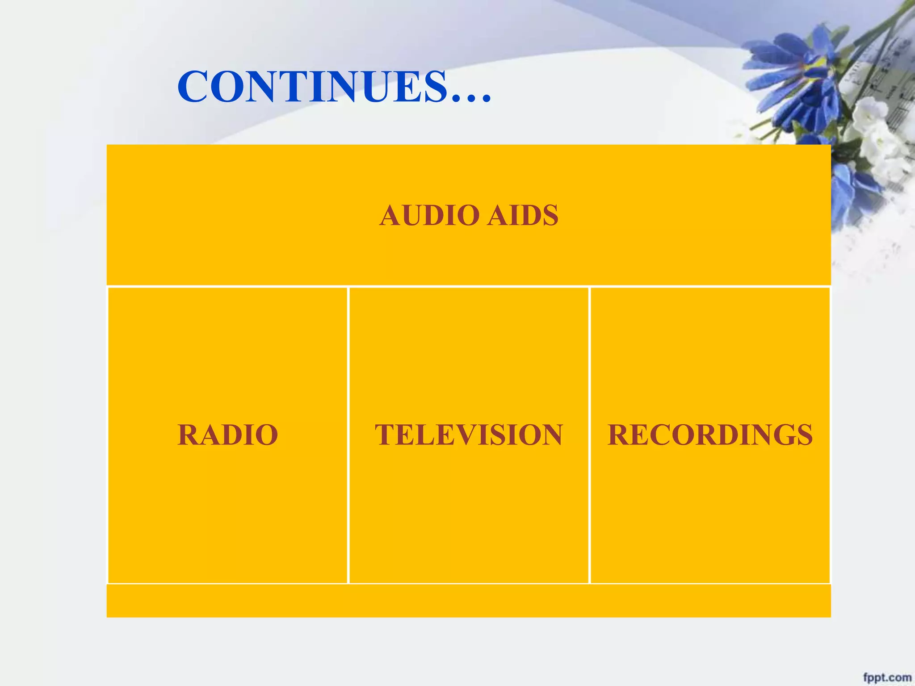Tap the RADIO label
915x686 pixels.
point(227,435)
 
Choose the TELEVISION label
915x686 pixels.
point(469,435)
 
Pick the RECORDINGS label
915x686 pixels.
point(710,435)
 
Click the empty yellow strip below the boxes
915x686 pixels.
point(469,601)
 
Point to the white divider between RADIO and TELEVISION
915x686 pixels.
point(348,435)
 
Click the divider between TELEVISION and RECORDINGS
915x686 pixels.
point(589,435)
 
